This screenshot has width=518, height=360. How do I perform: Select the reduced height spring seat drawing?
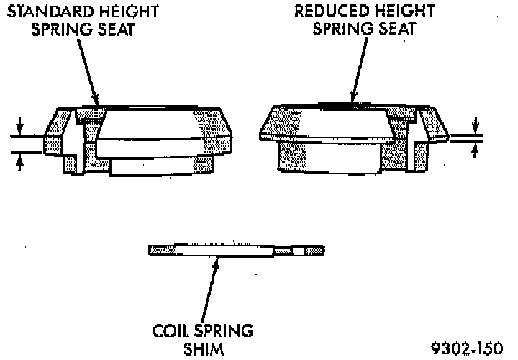click(353, 140)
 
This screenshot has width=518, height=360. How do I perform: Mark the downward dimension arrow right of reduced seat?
click(474, 125)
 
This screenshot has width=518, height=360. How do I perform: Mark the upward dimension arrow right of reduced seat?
click(474, 149)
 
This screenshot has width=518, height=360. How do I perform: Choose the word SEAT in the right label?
click(400, 30)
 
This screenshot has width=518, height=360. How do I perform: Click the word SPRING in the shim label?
click(224, 332)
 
